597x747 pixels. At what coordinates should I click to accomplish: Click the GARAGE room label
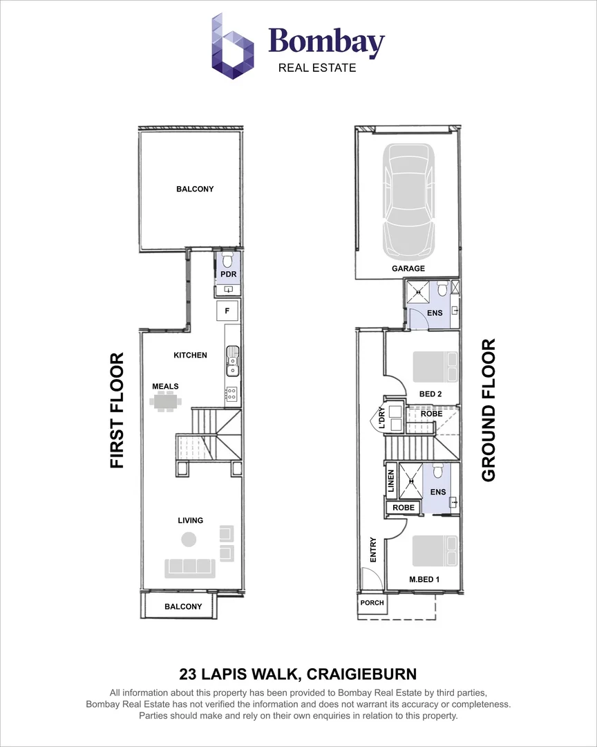pos(409,268)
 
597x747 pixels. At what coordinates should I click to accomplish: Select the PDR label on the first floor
pos(228,275)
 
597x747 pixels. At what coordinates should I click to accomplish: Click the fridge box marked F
pos(228,311)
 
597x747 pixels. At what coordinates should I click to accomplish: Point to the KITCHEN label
pos(190,355)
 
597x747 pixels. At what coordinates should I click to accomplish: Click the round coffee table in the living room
pos(188,539)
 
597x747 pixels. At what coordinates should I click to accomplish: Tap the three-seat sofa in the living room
pos(188,568)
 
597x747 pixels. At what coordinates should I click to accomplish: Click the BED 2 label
pos(430,394)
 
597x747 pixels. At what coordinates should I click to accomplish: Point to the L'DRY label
pos(379,418)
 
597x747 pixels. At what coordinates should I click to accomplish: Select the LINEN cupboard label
pos(391,481)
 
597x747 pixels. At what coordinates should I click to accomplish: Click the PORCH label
pos(372,602)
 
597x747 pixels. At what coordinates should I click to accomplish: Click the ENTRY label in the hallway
pos(373,550)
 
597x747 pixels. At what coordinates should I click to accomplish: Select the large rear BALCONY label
pos(195,189)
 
